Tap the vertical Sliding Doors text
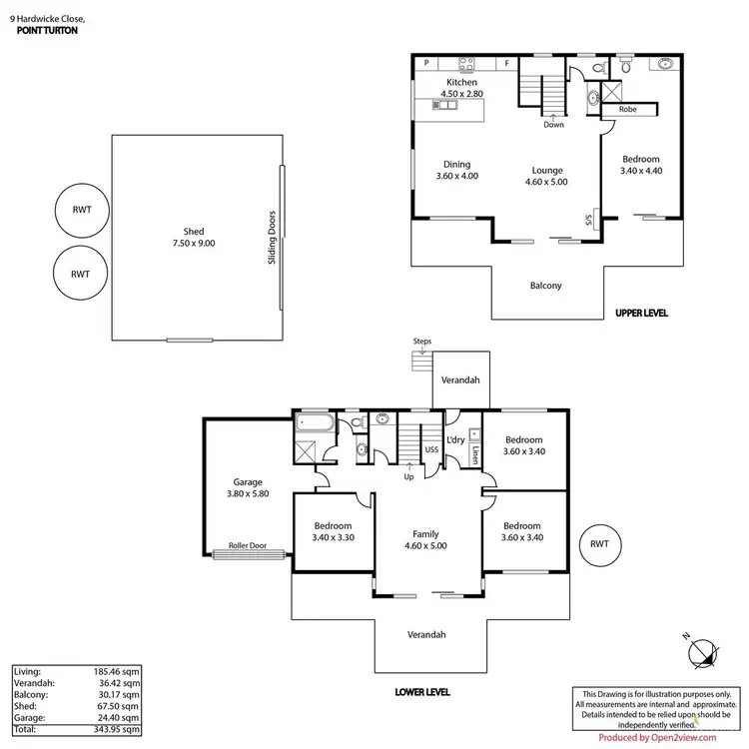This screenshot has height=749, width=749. coord(272,245)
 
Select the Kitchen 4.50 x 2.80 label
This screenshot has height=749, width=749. coord(461,88)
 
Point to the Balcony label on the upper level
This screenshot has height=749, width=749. coord(545,286)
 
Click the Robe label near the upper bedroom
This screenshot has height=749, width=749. coord(628,110)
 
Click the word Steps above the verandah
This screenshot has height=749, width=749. coord(421,342)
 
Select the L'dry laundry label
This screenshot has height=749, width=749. coord(455,440)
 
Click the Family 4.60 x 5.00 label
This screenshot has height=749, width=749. coord(425,540)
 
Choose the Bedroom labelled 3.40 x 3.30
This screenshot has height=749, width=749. coord(333,532)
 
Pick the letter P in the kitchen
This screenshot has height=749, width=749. coord(425,63)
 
